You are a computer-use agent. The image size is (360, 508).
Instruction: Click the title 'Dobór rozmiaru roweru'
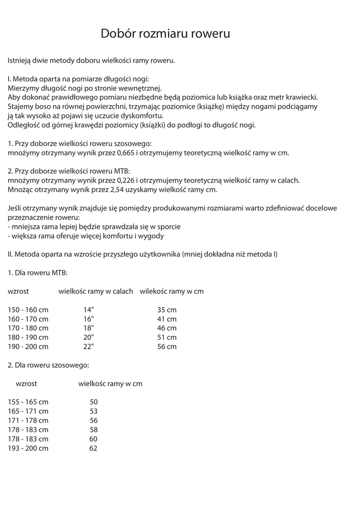tap(165, 34)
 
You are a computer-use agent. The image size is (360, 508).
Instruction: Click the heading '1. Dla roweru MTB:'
tap(38, 273)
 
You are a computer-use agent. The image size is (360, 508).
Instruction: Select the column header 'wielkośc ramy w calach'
tap(96, 291)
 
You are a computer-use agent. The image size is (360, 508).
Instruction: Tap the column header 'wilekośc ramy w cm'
tap(172, 291)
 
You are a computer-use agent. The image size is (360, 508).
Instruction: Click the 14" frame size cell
tap(89, 310)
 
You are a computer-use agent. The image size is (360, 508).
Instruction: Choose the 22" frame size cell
tap(89, 346)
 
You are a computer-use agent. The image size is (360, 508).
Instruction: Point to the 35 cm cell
tap(167, 310)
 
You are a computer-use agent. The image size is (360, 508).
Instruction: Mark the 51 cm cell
tap(167, 337)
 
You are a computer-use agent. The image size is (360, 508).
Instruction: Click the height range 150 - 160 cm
tap(28, 310)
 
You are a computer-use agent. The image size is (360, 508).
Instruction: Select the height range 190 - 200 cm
tap(28, 346)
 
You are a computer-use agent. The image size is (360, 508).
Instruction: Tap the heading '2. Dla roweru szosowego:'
tap(49, 365)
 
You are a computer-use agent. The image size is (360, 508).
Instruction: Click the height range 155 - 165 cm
tap(28, 402)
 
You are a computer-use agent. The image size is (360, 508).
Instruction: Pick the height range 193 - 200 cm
tap(28, 448)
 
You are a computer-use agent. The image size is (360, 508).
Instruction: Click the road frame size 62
tap(93, 448)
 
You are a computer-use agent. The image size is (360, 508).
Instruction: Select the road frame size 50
tap(93, 402)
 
